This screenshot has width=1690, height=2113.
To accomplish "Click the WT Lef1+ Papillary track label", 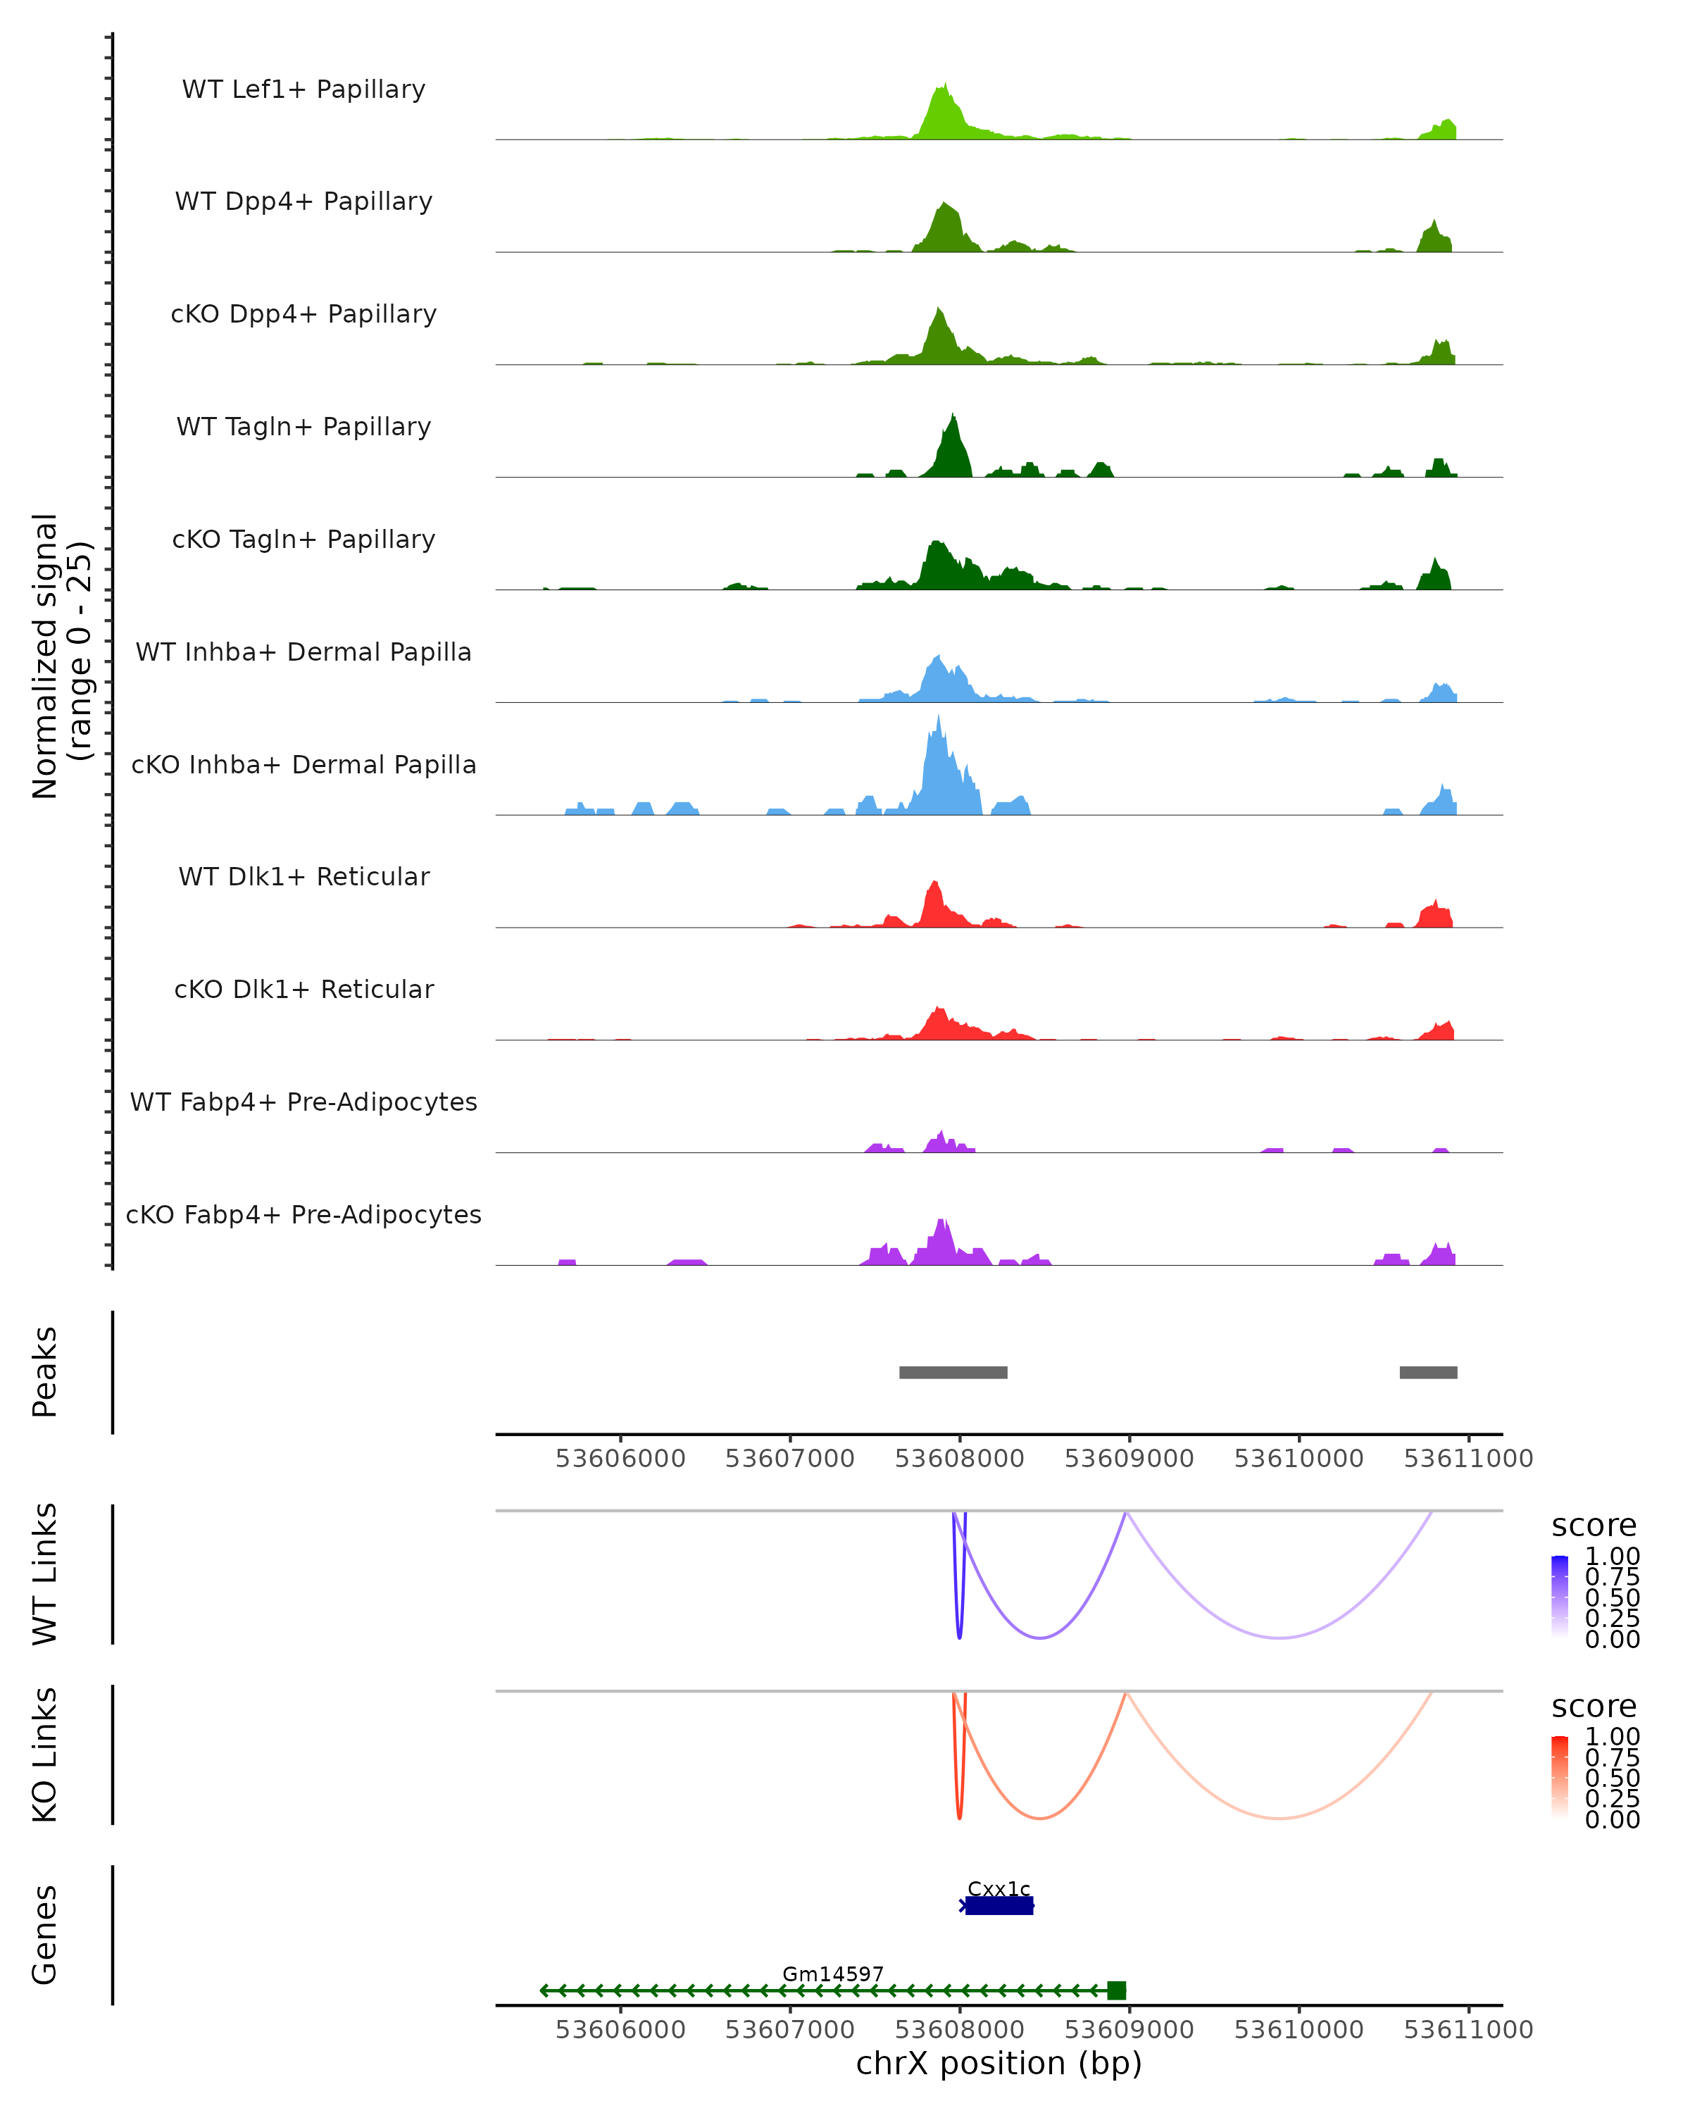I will click(x=303, y=89).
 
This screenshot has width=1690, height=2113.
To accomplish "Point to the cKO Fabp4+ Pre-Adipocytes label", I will click(x=303, y=1214).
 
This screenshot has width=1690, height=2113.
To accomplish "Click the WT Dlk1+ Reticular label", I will click(x=303, y=877).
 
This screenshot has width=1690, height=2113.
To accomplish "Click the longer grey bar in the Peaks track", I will click(x=953, y=1372).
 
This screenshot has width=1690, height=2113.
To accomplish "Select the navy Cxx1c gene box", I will click(x=999, y=1906).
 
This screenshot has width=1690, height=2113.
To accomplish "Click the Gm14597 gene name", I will click(x=833, y=1974).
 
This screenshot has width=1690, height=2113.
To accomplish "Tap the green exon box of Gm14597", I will click(x=1116, y=1990).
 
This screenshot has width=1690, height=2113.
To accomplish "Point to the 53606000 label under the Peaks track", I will click(x=620, y=1459).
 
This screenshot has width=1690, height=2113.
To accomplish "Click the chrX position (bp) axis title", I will click(x=999, y=2064).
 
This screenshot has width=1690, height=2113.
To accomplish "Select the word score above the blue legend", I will click(x=1593, y=1526).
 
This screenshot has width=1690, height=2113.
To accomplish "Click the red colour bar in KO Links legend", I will click(x=1560, y=1777).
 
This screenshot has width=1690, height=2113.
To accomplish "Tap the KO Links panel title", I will click(x=45, y=1754).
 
